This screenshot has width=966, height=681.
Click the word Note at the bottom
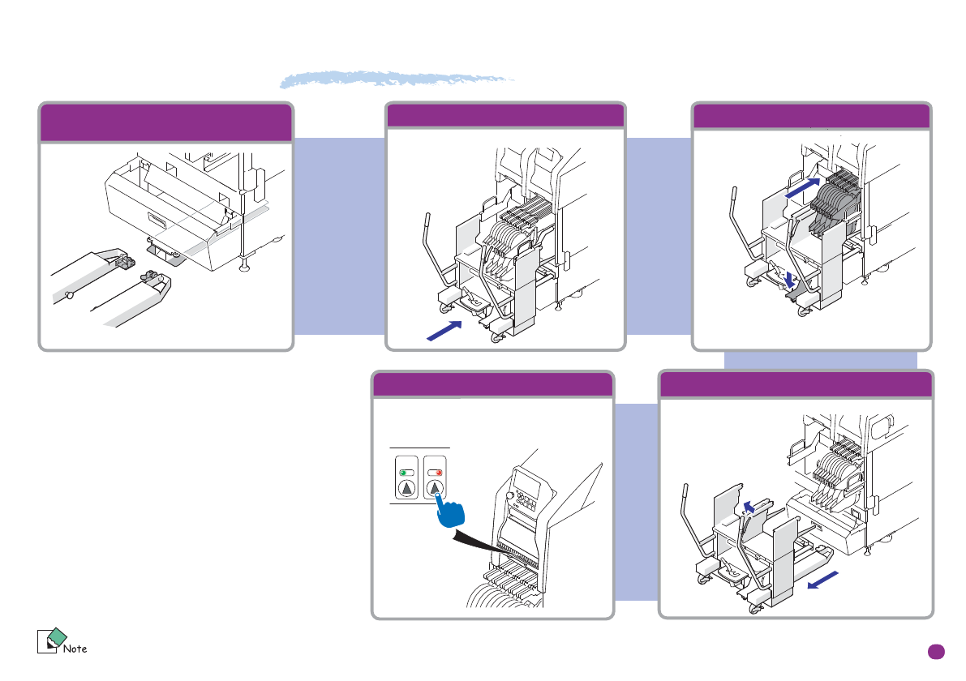75,648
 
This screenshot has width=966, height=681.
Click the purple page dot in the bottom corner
936,651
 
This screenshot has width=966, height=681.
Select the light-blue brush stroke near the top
397,79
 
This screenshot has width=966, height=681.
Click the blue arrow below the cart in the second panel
443,331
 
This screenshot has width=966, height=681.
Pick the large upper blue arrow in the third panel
806,187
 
